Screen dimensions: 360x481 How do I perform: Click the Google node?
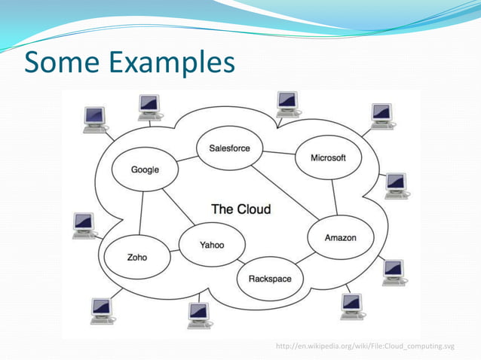point(145,169)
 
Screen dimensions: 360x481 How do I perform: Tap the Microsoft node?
point(328,158)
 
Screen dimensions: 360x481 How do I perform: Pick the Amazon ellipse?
point(340,238)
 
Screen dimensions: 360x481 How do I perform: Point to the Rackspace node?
point(269,279)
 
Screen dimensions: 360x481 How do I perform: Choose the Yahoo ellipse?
point(211,246)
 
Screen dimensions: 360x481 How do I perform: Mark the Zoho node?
point(137,257)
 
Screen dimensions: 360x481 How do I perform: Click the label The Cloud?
point(240,209)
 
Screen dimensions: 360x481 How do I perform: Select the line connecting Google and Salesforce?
point(186,159)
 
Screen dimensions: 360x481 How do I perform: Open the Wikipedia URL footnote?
point(366,345)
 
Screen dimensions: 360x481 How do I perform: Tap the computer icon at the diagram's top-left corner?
point(95,120)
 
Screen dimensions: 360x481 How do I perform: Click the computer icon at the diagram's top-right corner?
point(382,116)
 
